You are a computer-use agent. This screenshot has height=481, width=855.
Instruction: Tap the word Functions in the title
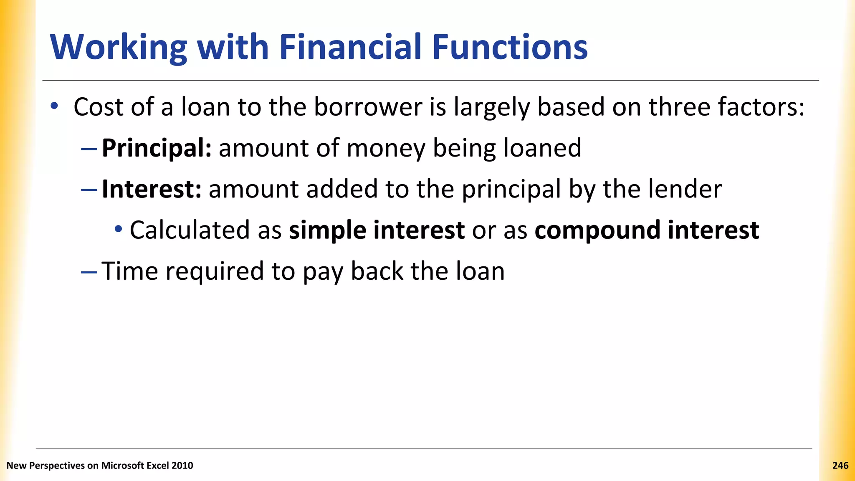click(x=510, y=47)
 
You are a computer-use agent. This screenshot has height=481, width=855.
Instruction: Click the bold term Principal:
click(x=157, y=148)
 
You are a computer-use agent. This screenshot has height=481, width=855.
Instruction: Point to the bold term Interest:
click(x=152, y=189)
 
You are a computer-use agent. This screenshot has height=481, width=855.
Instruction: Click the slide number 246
click(x=840, y=466)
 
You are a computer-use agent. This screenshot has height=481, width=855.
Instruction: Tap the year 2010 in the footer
click(x=182, y=466)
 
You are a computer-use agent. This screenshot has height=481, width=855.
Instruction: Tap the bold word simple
click(x=327, y=230)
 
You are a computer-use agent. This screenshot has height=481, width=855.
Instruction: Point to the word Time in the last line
click(x=130, y=271)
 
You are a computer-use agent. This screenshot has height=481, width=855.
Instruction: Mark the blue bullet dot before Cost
click(x=54, y=106)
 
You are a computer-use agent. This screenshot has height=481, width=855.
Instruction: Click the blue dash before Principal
click(x=89, y=149)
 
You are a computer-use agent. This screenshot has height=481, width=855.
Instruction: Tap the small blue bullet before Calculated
click(x=119, y=229)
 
